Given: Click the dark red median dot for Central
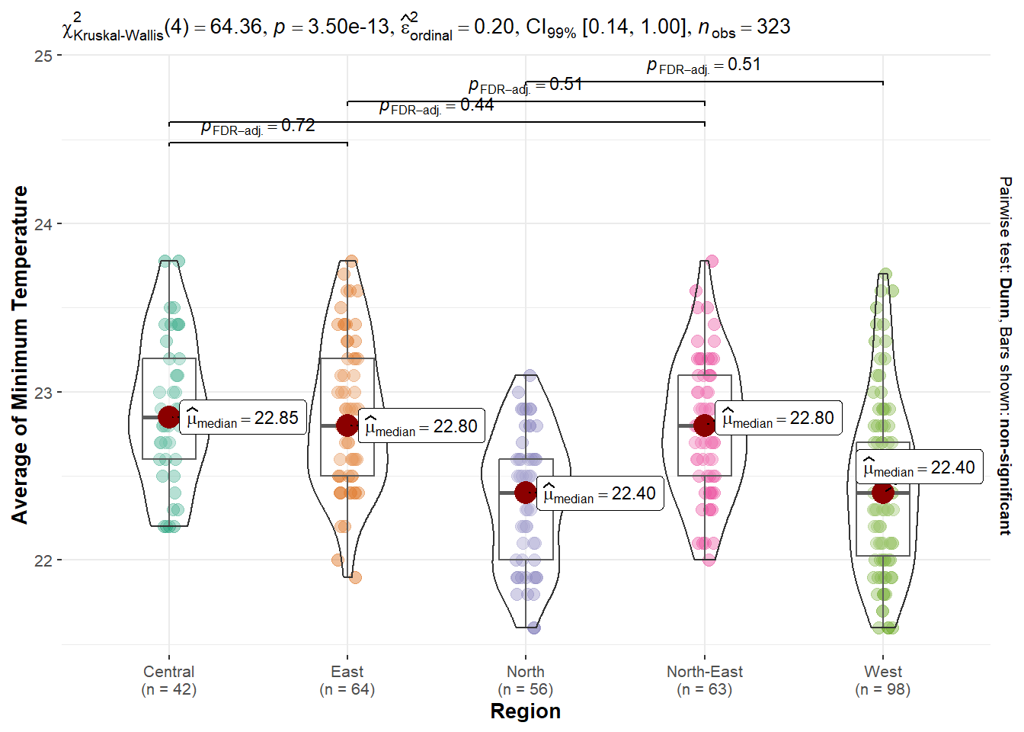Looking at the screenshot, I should (169, 417).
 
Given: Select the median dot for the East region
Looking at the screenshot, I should (347, 425).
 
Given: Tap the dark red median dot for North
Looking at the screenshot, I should (526, 493).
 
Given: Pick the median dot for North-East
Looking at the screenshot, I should (705, 425).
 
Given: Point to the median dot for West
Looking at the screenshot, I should (883, 493).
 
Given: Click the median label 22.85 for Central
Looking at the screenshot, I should (243, 418).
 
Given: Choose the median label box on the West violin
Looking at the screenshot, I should (919, 467).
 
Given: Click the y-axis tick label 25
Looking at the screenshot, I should (43, 56).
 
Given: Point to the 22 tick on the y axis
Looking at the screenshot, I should (43, 560).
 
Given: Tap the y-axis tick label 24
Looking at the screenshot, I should (43, 224).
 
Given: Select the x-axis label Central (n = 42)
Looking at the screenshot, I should (169, 680).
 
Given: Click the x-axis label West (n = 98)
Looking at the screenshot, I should (883, 680).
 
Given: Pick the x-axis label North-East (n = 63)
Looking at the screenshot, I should (705, 680).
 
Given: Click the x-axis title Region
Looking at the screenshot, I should (526, 711).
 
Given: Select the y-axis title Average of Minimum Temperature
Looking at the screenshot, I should (20, 355).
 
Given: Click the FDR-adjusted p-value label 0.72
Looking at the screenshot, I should (258, 127).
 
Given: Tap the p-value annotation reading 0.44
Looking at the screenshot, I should (437, 106).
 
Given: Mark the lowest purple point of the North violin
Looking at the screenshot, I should (533, 628).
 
